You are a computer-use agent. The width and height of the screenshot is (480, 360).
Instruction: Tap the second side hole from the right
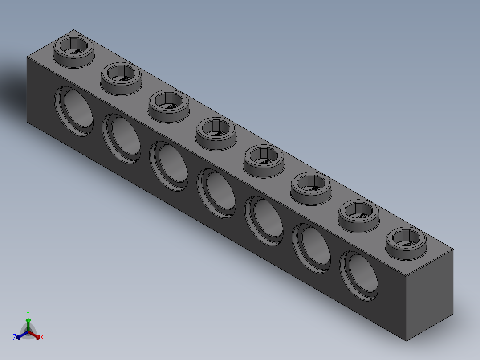tap(312, 249)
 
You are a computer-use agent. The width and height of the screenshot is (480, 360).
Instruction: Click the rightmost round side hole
tap(360, 276)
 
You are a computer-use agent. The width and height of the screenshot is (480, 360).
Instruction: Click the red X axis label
tap(42, 338)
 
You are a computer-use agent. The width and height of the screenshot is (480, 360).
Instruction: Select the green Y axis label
tap(28, 313)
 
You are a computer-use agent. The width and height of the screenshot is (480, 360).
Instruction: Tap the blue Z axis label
tap(15, 337)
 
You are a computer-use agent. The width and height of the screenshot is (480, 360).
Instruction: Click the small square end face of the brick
tap(430, 294)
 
